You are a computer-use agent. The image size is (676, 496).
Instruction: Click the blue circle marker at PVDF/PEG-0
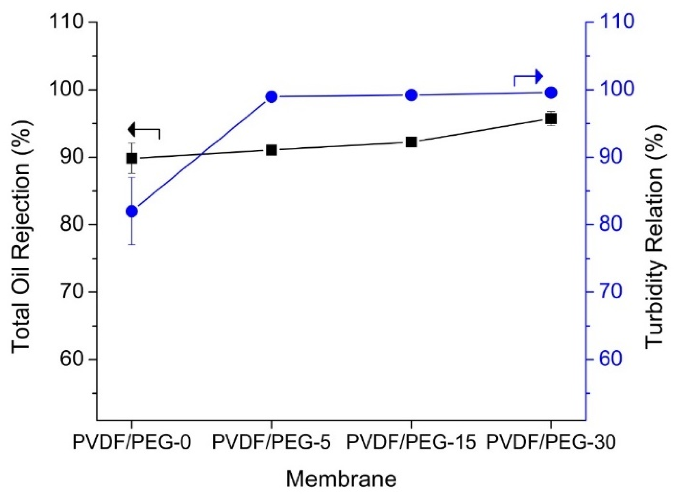click(132, 211)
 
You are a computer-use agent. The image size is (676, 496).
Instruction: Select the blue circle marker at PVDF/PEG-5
click(271, 97)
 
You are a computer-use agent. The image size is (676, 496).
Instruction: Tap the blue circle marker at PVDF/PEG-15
click(411, 96)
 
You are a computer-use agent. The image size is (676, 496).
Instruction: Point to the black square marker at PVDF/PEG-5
click(271, 150)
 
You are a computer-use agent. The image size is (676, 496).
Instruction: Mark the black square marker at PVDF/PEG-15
click(411, 142)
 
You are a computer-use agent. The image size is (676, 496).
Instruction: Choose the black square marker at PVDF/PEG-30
click(551, 119)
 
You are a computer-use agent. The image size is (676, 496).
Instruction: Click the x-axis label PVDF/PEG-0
click(132, 443)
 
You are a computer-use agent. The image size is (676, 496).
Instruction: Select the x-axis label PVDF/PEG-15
click(411, 443)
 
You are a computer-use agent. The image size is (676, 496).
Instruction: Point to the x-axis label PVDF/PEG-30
click(551, 443)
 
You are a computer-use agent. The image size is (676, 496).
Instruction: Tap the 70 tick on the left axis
click(72, 292)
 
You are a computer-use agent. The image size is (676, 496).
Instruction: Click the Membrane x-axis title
click(341, 479)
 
